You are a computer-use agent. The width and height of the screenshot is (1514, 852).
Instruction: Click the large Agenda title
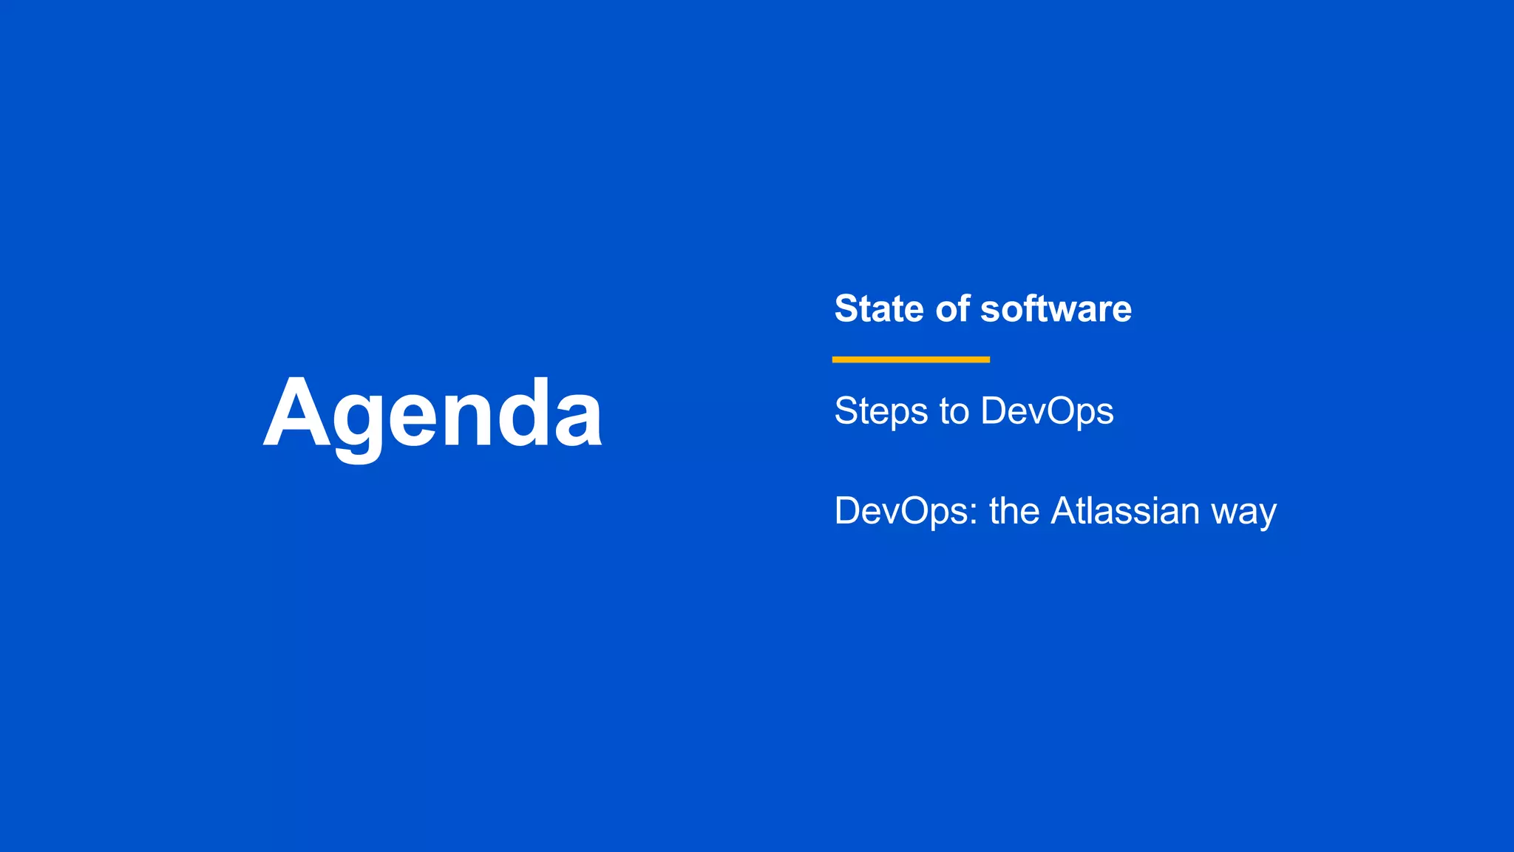tap(433, 414)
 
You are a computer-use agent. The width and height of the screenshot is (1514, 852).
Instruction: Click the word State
tap(879, 308)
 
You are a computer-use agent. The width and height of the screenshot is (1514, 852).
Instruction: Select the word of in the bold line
tap(952, 308)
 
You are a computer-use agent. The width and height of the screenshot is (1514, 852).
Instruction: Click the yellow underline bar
tap(911, 359)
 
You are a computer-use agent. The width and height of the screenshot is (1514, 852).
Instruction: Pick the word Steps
tap(880, 411)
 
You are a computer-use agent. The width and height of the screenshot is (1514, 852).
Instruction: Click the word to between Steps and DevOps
tap(954, 411)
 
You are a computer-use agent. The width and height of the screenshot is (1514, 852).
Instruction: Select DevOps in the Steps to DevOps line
tap(1047, 411)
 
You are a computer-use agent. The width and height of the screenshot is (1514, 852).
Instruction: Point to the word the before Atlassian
tap(1014, 511)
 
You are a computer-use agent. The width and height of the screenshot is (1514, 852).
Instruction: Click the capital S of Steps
tap(848, 411)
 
